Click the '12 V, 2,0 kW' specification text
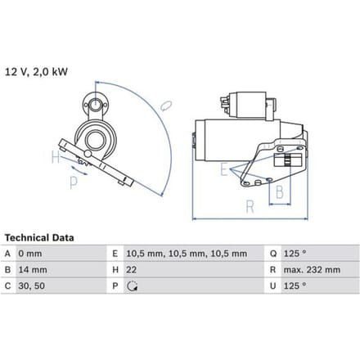36,72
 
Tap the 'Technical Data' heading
39,238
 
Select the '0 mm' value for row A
30,254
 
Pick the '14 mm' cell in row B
33,270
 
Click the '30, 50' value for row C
32,286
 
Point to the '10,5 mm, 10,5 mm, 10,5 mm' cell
187,254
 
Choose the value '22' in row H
131,270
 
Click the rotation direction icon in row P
133,286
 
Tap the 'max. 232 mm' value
312,270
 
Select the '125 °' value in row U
295,286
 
